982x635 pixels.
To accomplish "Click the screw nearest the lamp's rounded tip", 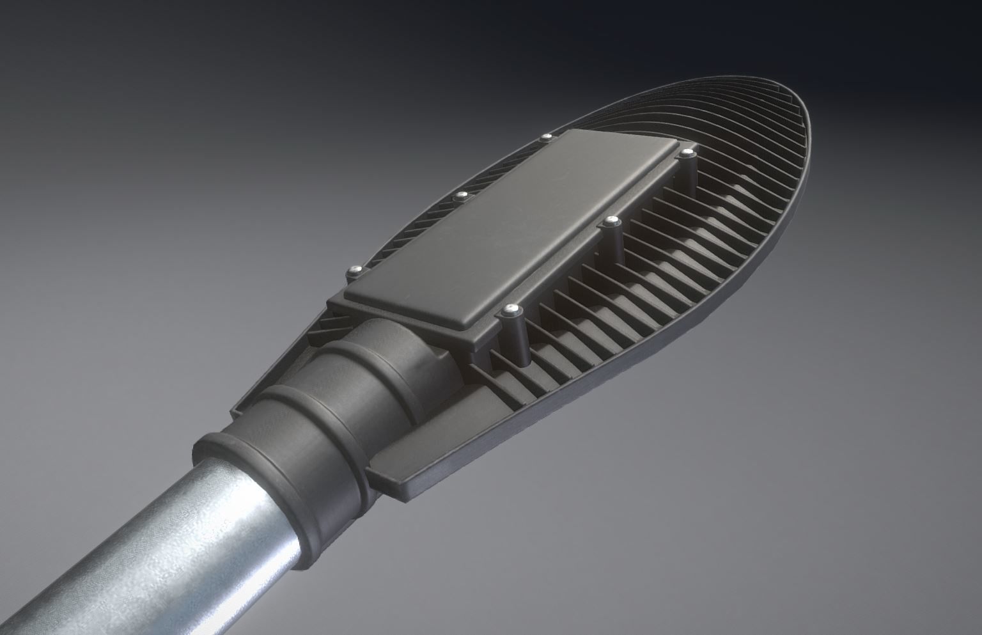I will point(687,153).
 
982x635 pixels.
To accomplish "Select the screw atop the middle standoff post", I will point(612,221).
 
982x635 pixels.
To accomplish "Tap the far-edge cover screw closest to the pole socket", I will point(352,270).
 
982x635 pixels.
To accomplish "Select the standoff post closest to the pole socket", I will point(515,339).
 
